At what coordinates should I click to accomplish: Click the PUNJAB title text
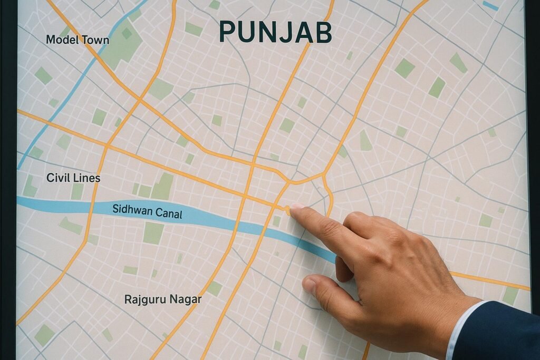point(275,33)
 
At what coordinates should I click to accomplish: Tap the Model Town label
point(78,40)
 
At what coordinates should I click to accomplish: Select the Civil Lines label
point(73,178)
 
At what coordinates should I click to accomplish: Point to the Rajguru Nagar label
point(163,299)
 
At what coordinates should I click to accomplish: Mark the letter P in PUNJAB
point(227,33)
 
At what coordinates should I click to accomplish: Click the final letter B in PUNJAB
point(323,33)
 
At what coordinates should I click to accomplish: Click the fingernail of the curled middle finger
point(310,285)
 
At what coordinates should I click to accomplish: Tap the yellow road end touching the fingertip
point(287,210)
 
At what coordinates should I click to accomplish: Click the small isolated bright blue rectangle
point(490,5)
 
